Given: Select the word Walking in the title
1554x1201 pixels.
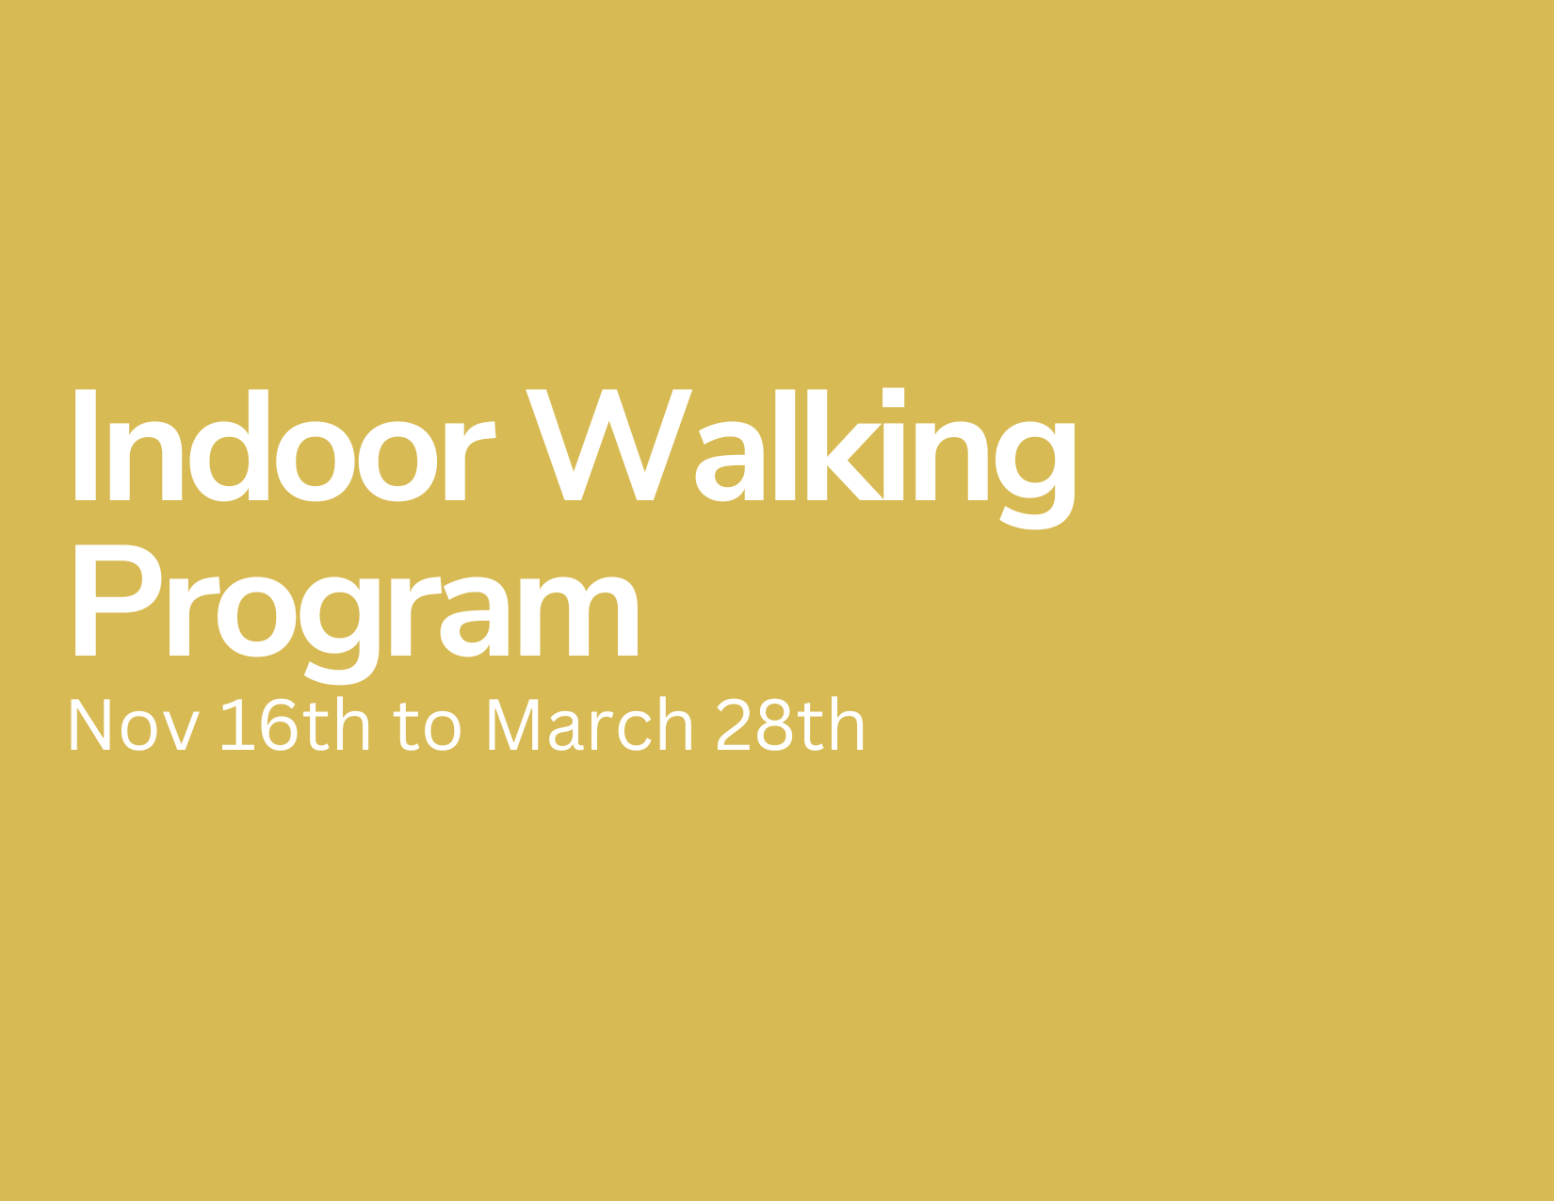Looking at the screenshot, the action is (x=801, y=459).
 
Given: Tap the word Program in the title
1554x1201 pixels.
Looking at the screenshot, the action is (x=356, y=615).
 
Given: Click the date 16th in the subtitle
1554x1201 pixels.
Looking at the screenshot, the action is (x=296, y=723).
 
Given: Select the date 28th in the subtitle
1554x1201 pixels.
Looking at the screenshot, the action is (x=790, y=723).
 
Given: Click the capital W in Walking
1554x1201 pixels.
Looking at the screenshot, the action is (x=608, y=445).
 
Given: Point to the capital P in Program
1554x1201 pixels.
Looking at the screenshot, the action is (x=118, y=599).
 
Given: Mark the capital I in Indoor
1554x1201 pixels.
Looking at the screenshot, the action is (x=85, y=445).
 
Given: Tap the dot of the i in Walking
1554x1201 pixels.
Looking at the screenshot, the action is (x=893, y=397).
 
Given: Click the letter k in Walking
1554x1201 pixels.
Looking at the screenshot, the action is (x=845, y=445).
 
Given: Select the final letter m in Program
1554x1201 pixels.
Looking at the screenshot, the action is (x=578, y=616).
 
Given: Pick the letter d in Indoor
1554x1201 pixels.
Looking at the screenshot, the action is (x=229, y=445).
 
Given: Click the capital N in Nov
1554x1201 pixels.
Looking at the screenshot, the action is (x=90, y=724).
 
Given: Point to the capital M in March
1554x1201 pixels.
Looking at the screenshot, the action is (x=513, y=724).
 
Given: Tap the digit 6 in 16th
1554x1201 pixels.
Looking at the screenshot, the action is (x=279, y=724).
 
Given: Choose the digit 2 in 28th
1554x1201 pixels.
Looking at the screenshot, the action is (x=733, y=723).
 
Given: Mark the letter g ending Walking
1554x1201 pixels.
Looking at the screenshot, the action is (x=1035, y=476).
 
